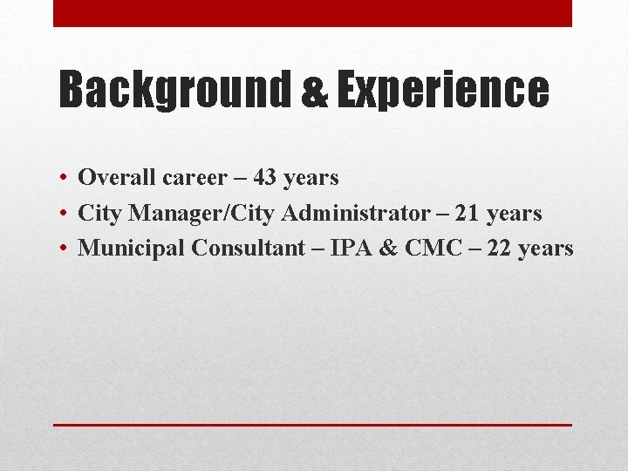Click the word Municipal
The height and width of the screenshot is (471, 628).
point(132,249)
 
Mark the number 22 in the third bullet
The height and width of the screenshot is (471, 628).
point(497,248)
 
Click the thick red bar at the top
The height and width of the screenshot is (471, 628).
point(312,13)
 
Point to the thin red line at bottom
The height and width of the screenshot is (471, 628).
point(312,424)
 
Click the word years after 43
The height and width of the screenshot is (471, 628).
point(311,178)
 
